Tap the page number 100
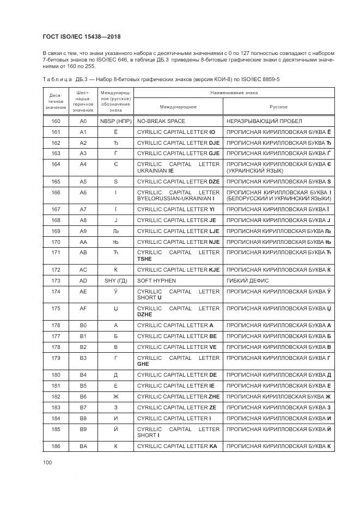pyautogui.click(x=47, y=462)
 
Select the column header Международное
pyautogui.click(x=178, y=107)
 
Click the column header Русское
pyautogui.click(x=278, y=107)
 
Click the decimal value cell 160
pyautogui.click(x=56, y=121)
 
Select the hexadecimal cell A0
pyautogui.click(x=83, y=121)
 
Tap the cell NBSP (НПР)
pyautogui.click(x=115, y=121)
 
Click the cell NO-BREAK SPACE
pyautogui.click(x=161, y=121)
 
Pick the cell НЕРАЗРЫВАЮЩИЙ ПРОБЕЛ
pyautogui.click(x=264, y=121)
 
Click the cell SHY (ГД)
pyautogui.click(x=115, y=280)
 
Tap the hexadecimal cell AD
pyautogui.click(x=83, y=280)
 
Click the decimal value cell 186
pyautogui.click(x=56, y=446)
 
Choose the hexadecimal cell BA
pyautogui.click(x=83, y=446)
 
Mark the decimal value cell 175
pyautogui.click(x=56, y=308)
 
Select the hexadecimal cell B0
pyautogui.click(x=83, y=325)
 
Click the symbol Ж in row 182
pyautogui.click(x=115, y=397)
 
